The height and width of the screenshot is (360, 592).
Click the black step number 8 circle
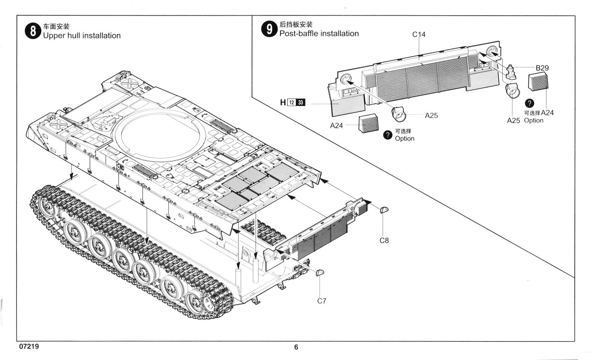coord(33,31)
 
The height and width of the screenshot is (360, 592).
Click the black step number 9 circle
coord(269,29)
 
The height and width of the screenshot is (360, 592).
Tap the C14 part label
coord(419,35)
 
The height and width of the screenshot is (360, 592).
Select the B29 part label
coord(542,68)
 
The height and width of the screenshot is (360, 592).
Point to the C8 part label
coord(384,241)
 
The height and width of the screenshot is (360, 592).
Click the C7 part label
coord(322,301)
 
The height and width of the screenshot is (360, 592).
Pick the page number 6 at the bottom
coord(296,347)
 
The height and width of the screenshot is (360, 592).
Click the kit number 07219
coord(29,346)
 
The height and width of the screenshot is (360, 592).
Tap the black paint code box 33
coord(301,103)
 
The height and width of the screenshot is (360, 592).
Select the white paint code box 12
coord(292,103)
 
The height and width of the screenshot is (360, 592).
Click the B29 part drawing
coord(511,72)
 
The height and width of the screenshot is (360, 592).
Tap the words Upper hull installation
coord(82,36)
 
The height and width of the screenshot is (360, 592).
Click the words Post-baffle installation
coord(319,34)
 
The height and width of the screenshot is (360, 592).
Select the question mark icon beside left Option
coord(387,135)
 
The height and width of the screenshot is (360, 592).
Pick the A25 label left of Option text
coord(513,120)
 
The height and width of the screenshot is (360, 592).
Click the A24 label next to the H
coord(336,125)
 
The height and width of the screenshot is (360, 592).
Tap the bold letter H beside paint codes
coord(283,103)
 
